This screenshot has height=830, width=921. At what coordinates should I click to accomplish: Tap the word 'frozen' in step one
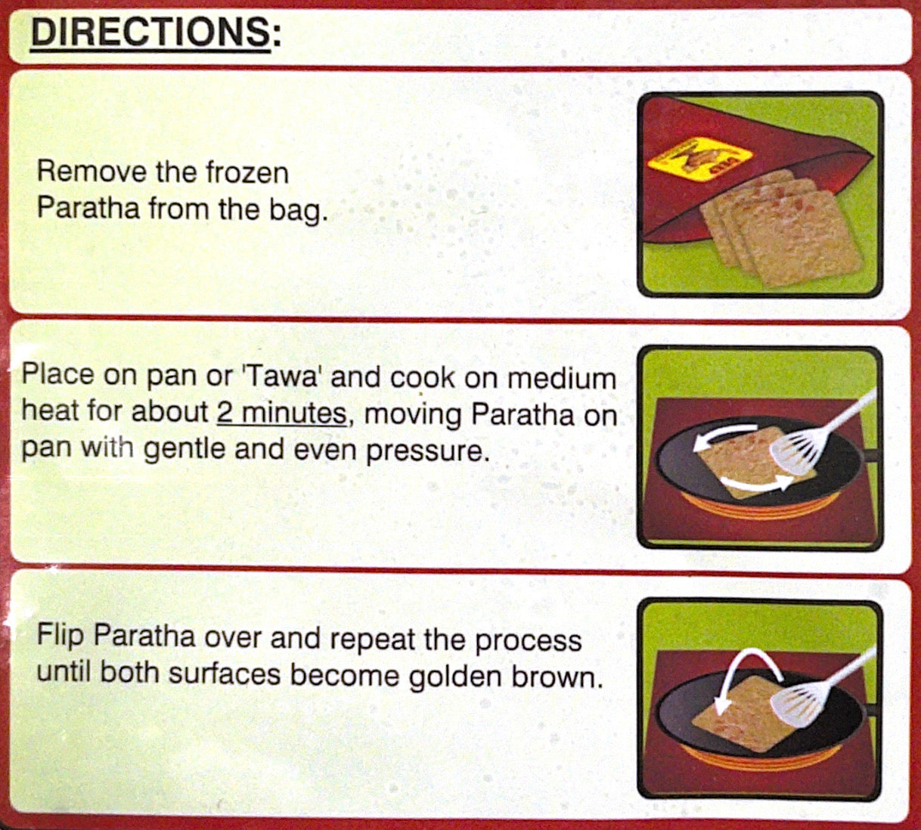click(247, 172)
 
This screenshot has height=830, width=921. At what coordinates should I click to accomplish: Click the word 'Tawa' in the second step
click(283, 377)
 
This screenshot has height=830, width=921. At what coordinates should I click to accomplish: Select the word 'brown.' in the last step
click(557, 675)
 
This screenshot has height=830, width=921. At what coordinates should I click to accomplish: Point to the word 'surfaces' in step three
click(224, 674)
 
